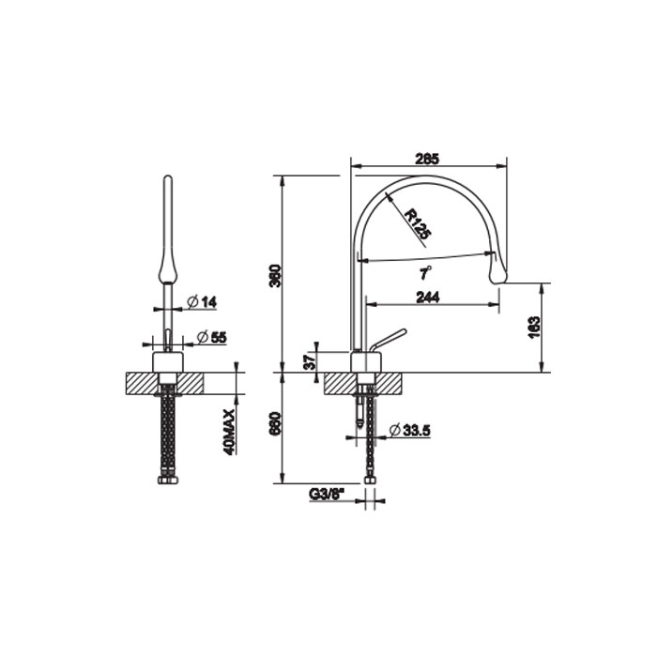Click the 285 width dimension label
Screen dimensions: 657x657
coord(427,160)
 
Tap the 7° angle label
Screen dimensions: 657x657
coord(426,273)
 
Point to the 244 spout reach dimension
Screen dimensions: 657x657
coord(428,298)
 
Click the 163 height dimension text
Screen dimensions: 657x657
coord(534,328)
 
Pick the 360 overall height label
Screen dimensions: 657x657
coord(275,275)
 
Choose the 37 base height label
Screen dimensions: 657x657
coord(309,361)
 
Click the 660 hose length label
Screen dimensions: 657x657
coord(275,423)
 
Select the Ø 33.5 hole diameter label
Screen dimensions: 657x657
coord(410,430)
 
